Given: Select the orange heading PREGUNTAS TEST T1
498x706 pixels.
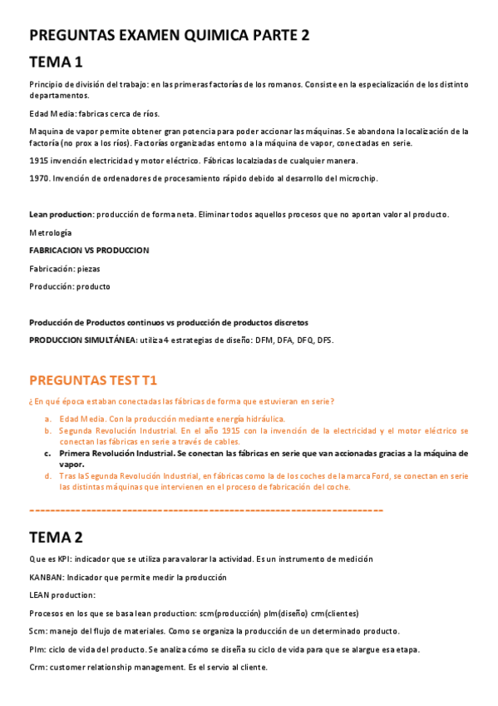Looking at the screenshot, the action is (x=92, y=380).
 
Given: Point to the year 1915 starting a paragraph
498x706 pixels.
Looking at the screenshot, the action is (x=38, y=161).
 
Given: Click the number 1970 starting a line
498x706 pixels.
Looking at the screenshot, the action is (x=38, y=178).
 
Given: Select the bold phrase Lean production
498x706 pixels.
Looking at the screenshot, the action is (x=61, y=215).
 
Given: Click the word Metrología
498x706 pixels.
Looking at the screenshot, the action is (x=50, y=232).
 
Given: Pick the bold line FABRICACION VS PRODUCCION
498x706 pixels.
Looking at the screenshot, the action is (x=89, y=250).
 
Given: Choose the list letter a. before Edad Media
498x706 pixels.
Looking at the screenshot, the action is (x=48, y=419).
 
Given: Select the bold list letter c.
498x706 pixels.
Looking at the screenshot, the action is (x=48, y=454).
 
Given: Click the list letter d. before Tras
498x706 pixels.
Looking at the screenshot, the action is (x=48, y=476).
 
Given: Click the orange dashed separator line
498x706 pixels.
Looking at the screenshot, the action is (x=205, y=509).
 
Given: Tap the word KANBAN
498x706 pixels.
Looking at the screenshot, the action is (x=47, y=577).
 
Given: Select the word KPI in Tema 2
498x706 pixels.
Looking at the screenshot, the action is (x=64, y=559).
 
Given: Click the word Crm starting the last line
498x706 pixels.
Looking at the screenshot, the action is (x=37, y=667).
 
